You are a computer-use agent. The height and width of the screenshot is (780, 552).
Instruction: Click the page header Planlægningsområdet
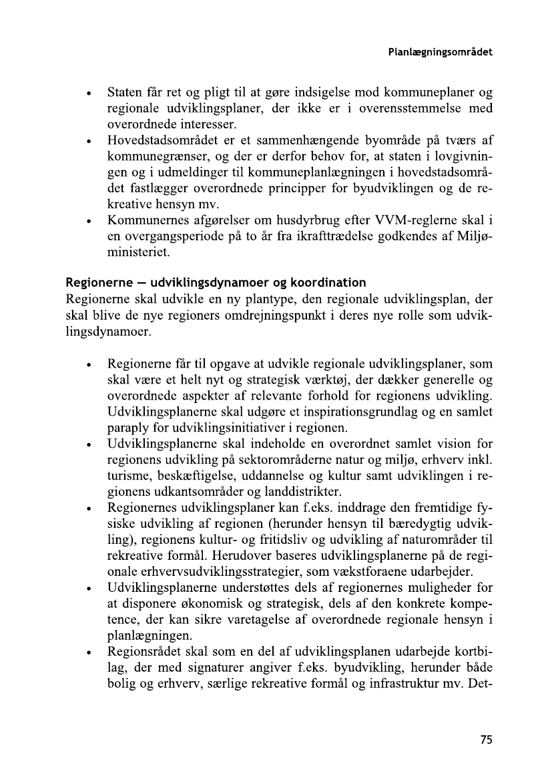point(440,51)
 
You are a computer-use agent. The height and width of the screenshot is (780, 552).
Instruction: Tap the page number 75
point(485,739)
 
